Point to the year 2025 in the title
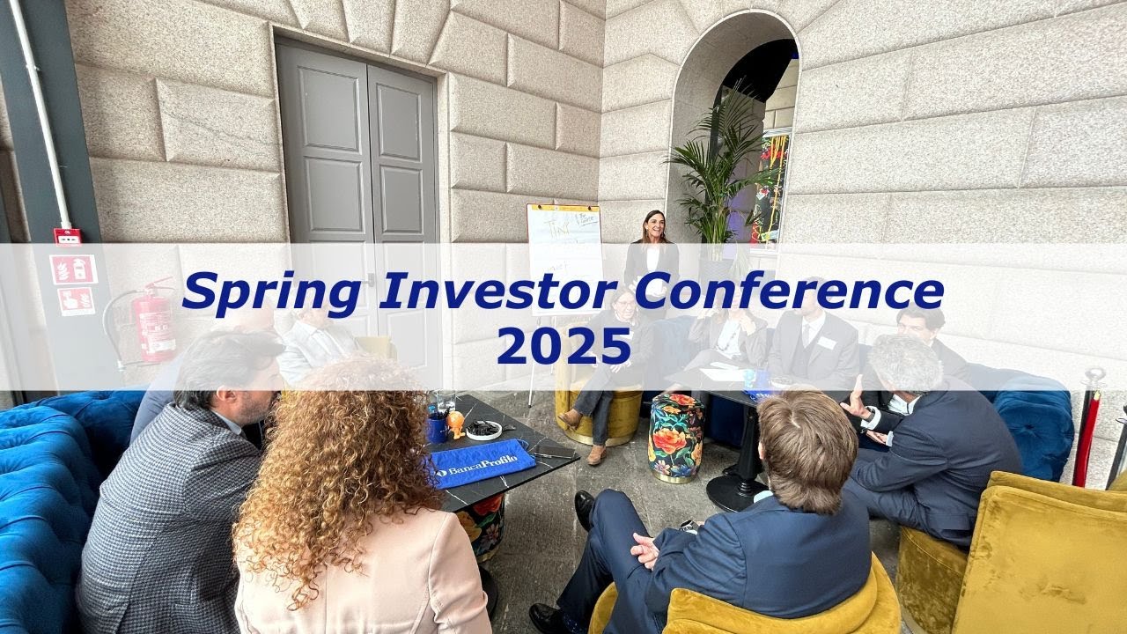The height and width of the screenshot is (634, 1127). [x=563, y=344]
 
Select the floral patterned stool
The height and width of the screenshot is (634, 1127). [x=675, y=438]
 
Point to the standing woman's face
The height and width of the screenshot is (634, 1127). [x=653, y=227]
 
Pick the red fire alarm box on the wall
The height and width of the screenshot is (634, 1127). [x=67, y=236]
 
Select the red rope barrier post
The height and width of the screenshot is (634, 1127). [x=1089, y=423]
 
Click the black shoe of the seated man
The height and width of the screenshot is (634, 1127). [x=584, y=506]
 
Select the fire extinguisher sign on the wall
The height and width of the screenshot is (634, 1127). [x=74, y=270]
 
